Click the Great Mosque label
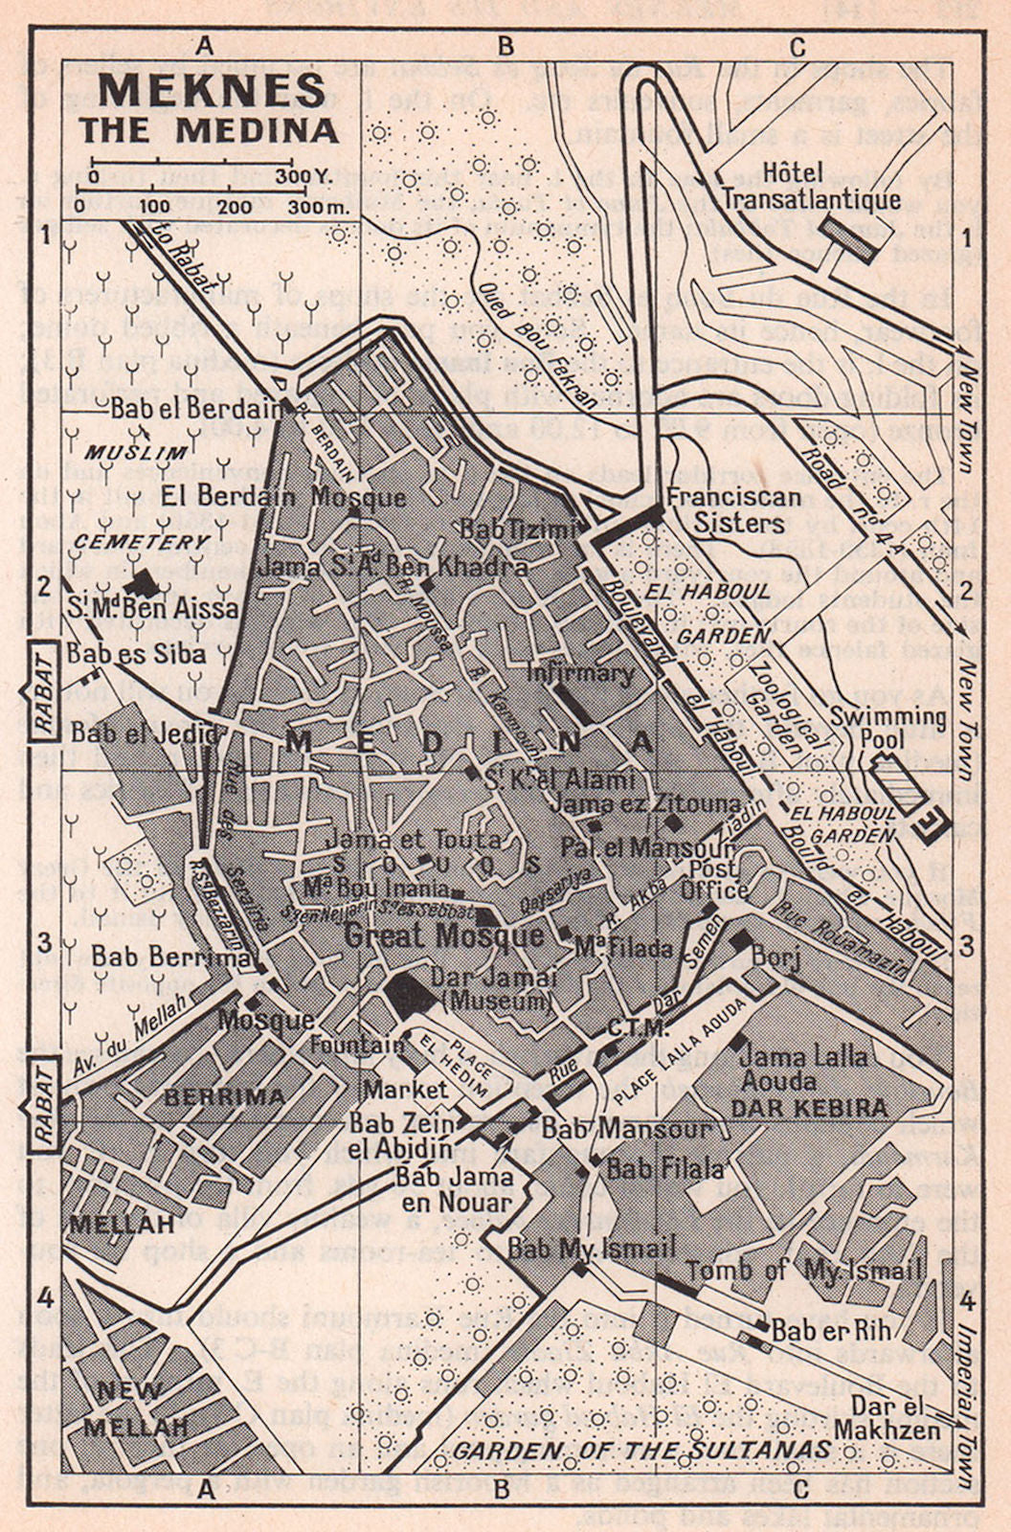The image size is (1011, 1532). coord(443,935)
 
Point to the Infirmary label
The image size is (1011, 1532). coord(580,673)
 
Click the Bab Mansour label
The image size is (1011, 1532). coord(627,1127)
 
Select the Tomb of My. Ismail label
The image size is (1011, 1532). coord(804,1271)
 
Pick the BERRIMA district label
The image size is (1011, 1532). coord(225,1096)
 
